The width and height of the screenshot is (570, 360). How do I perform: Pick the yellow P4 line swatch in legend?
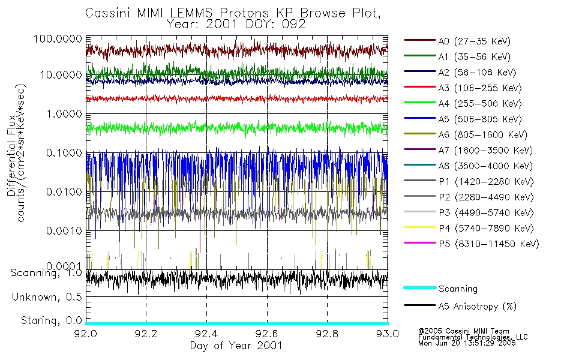[x=419, y=229]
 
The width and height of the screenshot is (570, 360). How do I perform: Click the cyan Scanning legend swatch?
[x=419, y=289]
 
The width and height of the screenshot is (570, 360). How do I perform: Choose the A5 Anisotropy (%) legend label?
[x=476, y=307]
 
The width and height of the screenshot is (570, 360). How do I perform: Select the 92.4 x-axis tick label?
[x=206, y=334]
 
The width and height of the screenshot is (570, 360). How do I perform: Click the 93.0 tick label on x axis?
[x=387, y=334]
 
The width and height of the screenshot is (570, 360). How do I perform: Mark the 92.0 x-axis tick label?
[x=86, y=334]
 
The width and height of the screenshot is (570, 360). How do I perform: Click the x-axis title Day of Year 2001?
[x=236, y=346]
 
